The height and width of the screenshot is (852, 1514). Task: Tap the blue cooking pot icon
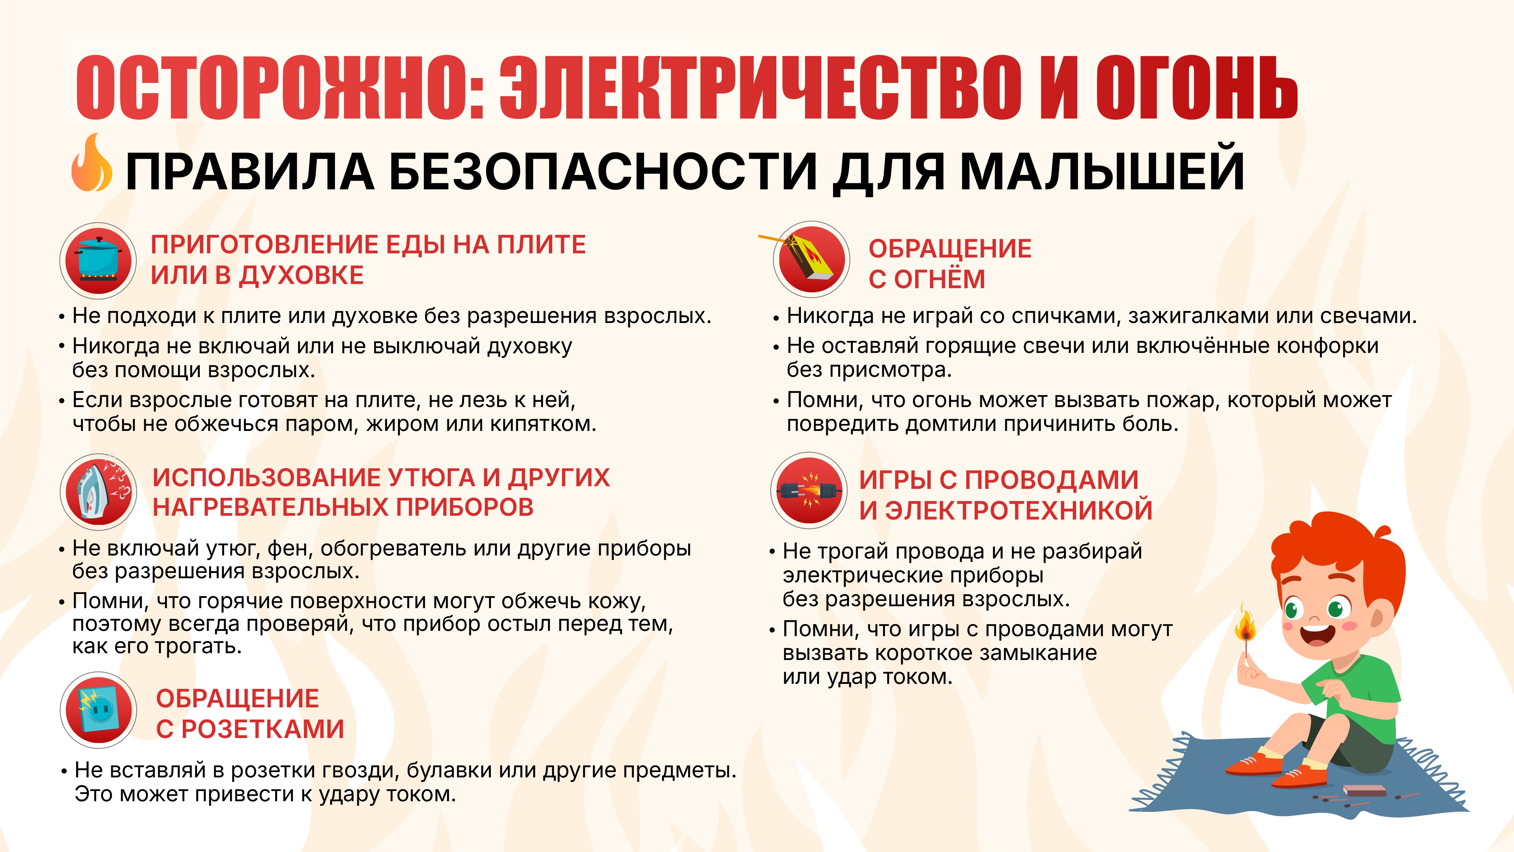tap(98, 259)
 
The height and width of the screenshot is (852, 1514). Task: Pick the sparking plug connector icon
tap(809, 490)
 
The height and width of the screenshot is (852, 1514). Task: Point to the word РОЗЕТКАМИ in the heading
tap(262, 729)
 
